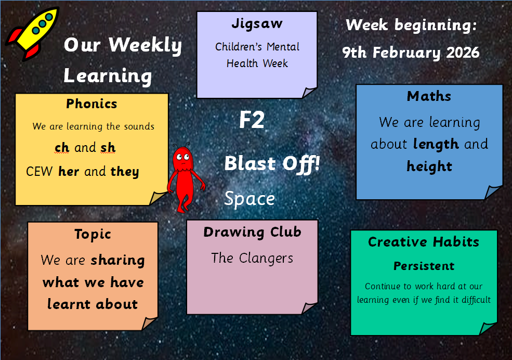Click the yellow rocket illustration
pyautogui.click(x=33, y=33)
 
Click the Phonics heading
pyautogui.click(x=91, y=104)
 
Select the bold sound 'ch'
pyautogui.click(x=62, y=148)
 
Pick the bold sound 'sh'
pyautogui.click(x=108, y=148)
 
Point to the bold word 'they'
pyautogui.click(x=125, y=172)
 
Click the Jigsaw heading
pyautogui.click(x=257, y=24)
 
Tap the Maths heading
pyautogui.click(x=429, y=96)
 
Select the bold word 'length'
pyautogui.click(x=436, y=145)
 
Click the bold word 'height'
pyautogui.click(x=429, y=166)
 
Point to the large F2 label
pyautogui.click(x=252, y=120)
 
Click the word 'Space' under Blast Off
pyautogui.click(x=250, y=199)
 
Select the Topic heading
pyautogui.click(x=93, y=235)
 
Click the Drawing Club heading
pyautogui.click(x=252, y=232)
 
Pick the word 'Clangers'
pyautogui.click(x=266, y=259)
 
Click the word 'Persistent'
pyautogui.click(x=424, y=266)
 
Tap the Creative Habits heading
pyautogui.click(x=424, y=242)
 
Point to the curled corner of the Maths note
pyautogui.click(x=493, y=192)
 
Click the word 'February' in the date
pyautogui.click(x=406, y=53)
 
